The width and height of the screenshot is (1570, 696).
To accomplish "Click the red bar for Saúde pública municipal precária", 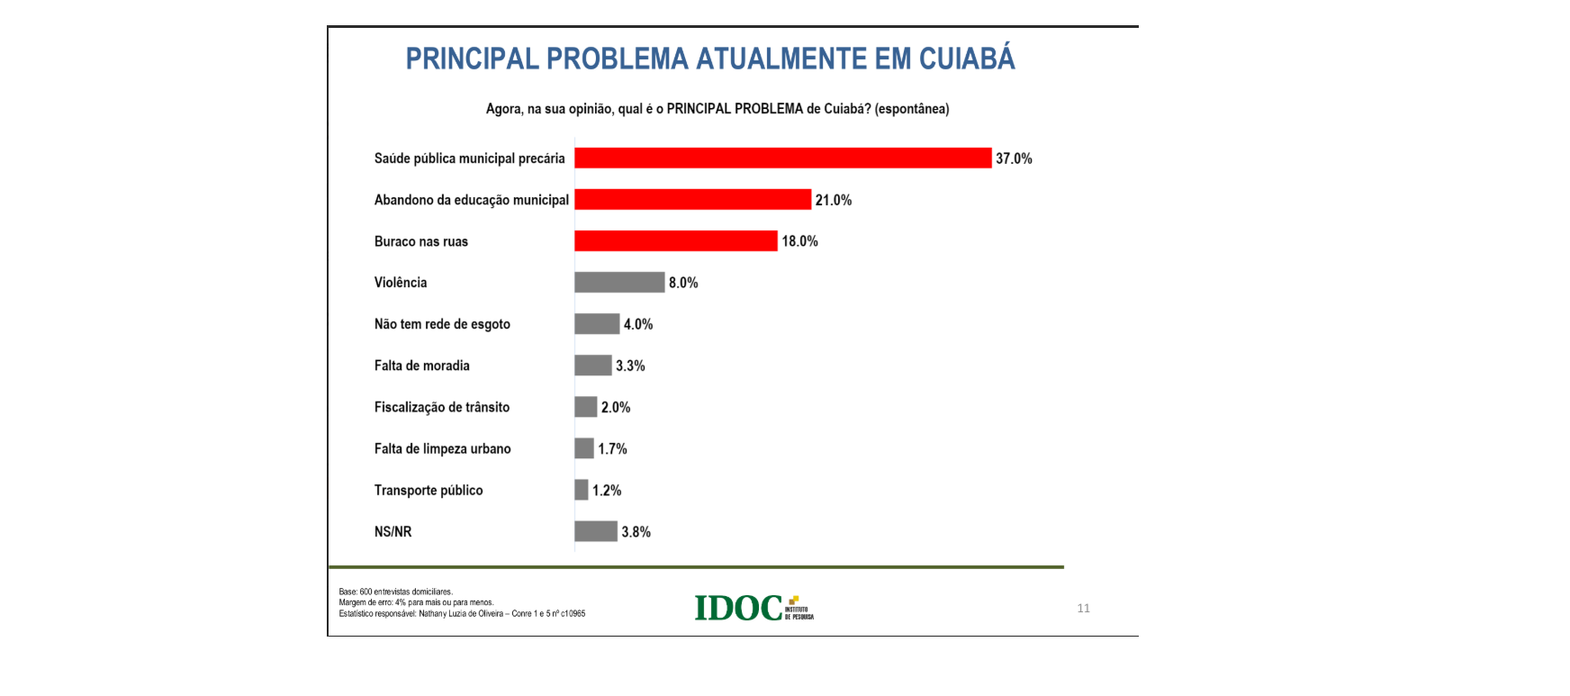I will click(782, 158).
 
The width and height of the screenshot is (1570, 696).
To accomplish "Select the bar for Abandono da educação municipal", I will click(692, 200).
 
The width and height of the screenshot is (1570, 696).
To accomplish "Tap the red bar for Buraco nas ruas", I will click(675, 241).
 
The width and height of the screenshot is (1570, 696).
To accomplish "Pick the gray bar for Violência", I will click(619, 283).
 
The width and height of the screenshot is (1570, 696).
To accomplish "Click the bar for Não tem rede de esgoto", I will click(597, 324).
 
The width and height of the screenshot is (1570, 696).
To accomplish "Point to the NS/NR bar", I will click(596, 532).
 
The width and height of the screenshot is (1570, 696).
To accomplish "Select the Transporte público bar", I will click(582, 491).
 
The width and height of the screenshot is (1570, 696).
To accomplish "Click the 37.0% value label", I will click(1014, 159).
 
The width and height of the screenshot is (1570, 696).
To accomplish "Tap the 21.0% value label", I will click(834, 201).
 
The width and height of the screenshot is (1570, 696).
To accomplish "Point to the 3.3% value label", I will click(630, 366).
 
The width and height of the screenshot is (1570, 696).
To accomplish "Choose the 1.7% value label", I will click(612, 449).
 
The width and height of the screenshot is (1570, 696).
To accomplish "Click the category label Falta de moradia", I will click(421, 366).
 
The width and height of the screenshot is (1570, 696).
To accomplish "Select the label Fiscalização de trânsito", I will click(441, 408).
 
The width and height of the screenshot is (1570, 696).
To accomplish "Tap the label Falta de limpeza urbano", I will click(442, 449).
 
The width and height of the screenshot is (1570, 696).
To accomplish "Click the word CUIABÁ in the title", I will click(967, 59).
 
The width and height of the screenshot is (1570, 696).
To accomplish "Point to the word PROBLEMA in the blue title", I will click(617, 59).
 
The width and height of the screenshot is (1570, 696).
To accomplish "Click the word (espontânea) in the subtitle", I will click(912, 109).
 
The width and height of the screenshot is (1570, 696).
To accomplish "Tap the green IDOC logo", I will click(739, 609).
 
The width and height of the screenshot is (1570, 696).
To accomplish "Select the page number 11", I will click(1083, 609).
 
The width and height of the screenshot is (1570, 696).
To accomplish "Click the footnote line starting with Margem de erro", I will click(416, 603).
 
